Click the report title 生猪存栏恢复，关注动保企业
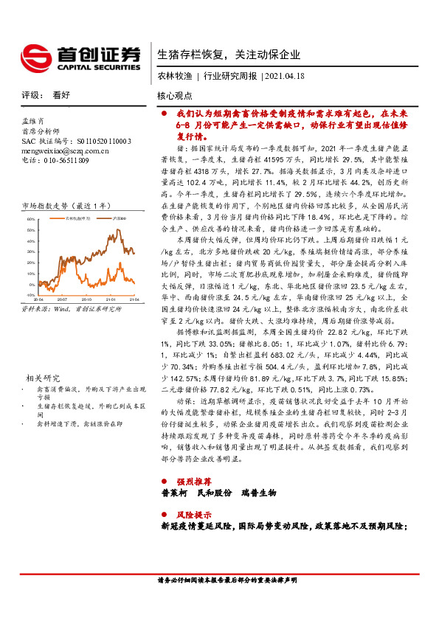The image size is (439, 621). [x=229, y=54]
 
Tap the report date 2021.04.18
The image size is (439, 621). [x=286, y=76]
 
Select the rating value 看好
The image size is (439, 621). [x=61, y=95]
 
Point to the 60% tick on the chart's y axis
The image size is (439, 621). [x=30, y=220]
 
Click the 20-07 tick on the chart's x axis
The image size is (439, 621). [x=61, y=300]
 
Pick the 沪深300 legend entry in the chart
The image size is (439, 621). [x=119, y=218]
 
